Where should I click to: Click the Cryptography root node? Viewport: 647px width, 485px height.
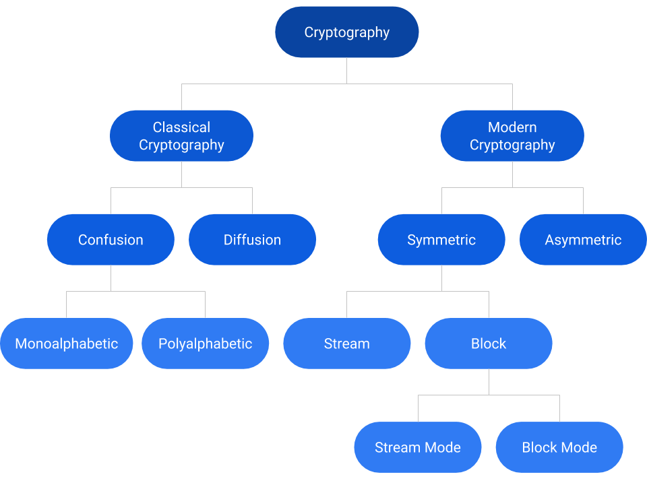pos(347,32)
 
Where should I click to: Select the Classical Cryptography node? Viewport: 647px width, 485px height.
pos(181,135)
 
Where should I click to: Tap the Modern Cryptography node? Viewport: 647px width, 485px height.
pos(512,135)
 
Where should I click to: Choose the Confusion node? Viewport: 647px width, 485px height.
pos(111,240)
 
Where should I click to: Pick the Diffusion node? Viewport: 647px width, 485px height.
pos(252,240)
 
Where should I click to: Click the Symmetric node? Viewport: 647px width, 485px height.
pos(441,240)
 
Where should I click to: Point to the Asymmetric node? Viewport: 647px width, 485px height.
pos(583,240)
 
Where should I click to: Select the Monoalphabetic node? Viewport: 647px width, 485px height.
pos(66,344)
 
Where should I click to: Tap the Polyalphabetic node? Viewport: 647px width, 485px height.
pos(205,344)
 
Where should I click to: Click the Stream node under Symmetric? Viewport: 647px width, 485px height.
pos(346,344)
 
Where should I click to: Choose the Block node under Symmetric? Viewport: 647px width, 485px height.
pos(489,344)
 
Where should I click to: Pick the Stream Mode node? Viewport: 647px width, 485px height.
pos(418,447)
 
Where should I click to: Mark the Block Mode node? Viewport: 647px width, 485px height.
pos(559,447)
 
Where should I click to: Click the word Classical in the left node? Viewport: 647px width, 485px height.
pos(181,127)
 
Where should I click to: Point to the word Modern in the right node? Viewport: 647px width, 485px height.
pos(512,127)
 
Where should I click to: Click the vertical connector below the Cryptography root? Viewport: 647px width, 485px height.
pos(347,71)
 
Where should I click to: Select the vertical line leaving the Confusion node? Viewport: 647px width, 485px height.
pos(111,278)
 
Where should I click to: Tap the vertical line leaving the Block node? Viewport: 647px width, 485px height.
pos(489,382)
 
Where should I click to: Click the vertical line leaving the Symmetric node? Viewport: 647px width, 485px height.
pos(441,278)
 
